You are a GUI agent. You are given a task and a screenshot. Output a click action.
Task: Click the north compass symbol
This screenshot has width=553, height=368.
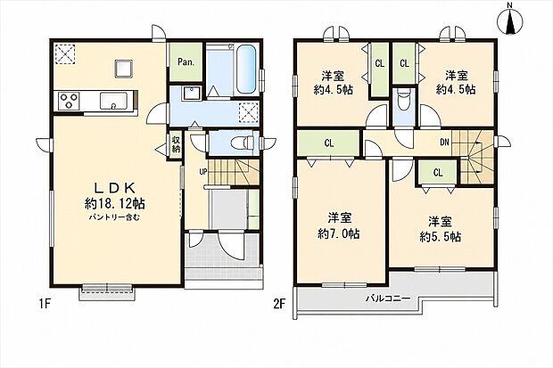[x=510, y=20]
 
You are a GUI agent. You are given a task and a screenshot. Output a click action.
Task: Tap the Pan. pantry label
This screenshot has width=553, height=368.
[x=186, y=62]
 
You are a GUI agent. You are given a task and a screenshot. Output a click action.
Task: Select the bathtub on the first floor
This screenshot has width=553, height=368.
[x=245, y=70]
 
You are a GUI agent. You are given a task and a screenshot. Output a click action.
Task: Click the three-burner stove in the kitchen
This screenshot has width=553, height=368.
[x=68, y=101]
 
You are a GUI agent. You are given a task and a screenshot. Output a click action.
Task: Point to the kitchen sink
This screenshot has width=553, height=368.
[x=113, y=101]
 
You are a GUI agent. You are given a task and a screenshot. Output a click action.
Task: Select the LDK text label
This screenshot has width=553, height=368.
[x=115, y=188]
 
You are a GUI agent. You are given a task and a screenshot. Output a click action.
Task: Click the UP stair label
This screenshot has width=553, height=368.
[x=203, y=172]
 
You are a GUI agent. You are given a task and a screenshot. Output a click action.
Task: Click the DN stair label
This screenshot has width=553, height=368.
[x=444, y=143]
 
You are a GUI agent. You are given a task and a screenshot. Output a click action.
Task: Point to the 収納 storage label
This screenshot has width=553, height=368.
[x=176, y=143]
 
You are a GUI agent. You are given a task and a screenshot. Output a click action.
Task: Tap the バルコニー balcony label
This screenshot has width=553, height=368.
[x=388, y=298]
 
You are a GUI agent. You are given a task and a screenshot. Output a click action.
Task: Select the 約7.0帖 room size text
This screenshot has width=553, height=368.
[x=339, y=233]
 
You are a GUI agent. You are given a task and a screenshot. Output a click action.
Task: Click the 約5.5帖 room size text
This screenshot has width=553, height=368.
[x=440, y=236]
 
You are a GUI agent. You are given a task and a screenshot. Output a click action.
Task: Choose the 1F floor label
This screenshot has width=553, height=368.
[x=44, y=304]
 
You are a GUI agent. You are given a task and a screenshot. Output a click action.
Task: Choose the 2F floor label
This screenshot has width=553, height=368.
[x=278, y=304]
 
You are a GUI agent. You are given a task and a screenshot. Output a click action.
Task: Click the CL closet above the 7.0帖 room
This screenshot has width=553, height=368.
[x=329, y=143]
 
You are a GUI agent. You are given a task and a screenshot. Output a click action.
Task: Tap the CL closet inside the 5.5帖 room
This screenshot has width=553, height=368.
[x=438, y=172]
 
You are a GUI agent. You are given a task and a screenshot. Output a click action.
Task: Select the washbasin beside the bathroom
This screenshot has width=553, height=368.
[x=192, y=93]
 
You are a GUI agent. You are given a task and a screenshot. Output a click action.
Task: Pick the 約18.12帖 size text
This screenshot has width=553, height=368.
[x=115, y=203]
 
